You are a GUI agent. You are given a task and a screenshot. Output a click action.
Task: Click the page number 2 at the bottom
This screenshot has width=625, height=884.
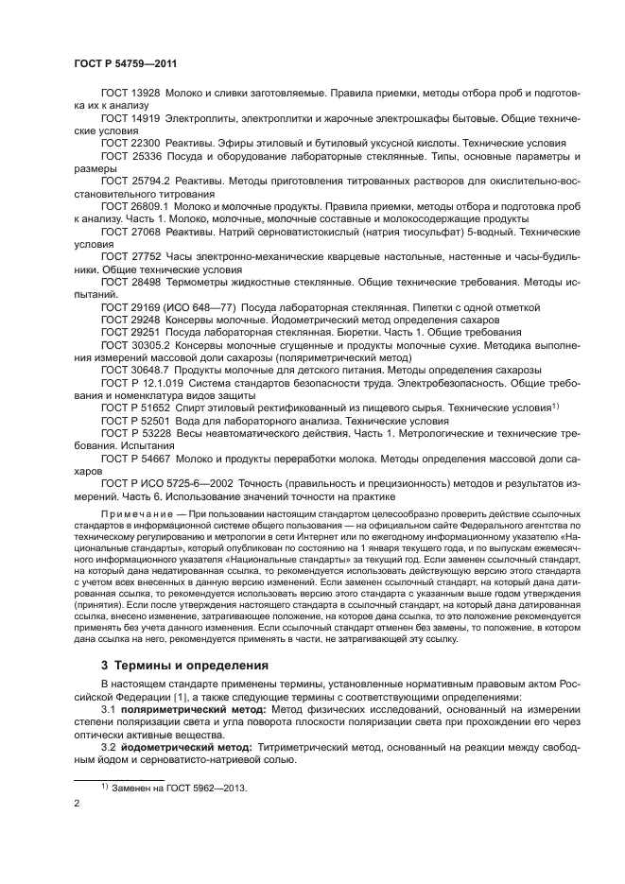pyautogui.click(x=77, y=804)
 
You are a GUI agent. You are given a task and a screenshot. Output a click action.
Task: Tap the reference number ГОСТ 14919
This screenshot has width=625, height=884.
pyautogui.click(x=130, y=118)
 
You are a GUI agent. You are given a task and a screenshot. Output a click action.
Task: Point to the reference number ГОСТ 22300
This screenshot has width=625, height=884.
pyautogui.click(x=130, y=143)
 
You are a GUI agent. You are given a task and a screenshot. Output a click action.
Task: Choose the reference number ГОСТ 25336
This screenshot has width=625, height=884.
pyautogui.click(x=130, y=155)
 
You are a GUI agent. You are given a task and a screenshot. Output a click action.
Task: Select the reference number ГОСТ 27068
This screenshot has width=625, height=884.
pyautogui.click(x=130, y=230)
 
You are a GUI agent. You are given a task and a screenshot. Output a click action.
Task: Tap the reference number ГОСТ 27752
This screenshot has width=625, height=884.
pyautogui.click(x=130, y=255)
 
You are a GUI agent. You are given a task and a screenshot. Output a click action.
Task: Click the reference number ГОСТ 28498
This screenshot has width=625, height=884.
pyautogui.click(x=130, y=281)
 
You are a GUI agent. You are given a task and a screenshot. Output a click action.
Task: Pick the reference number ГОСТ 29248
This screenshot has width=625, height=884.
pyautogui.click(x=130, y=321)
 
